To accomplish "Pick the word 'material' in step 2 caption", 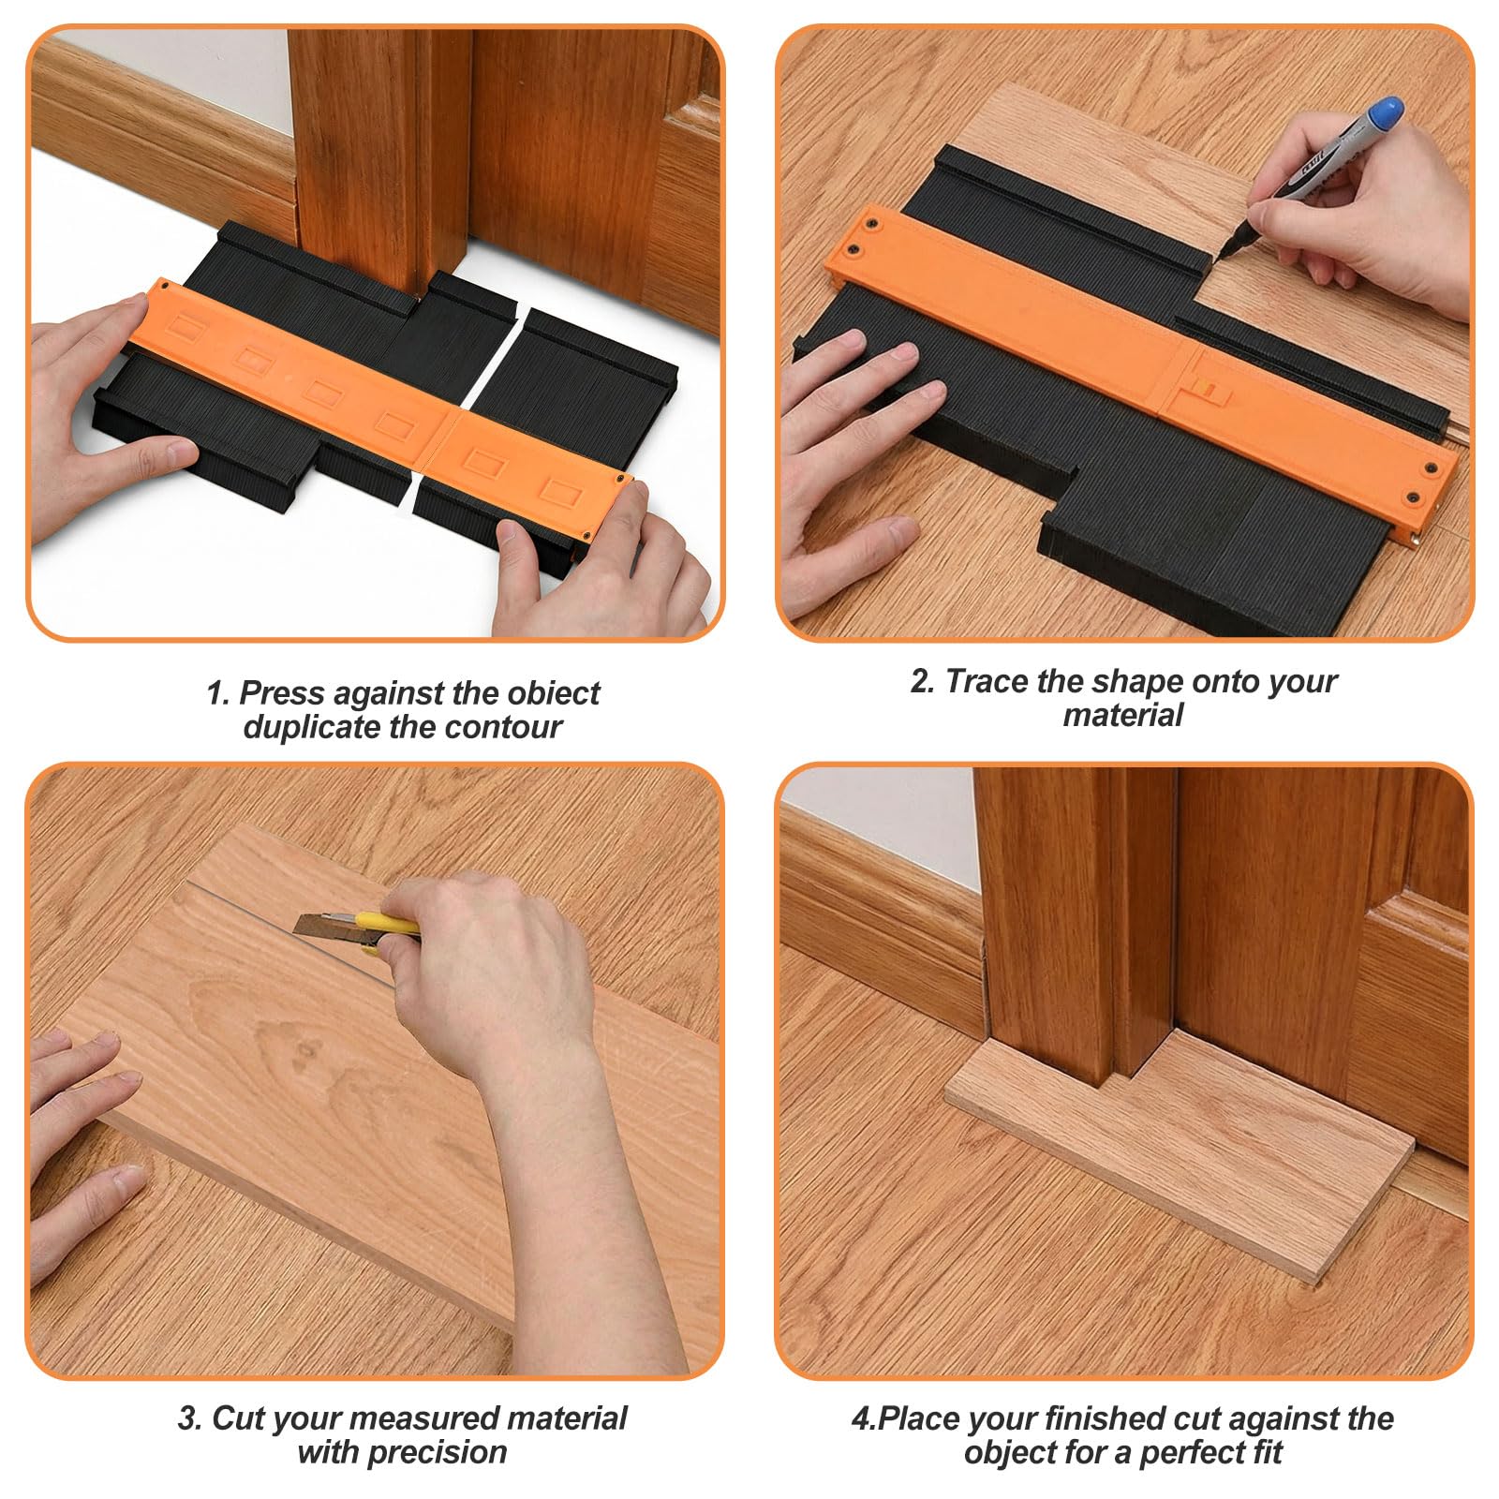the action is pos(1122,715).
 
